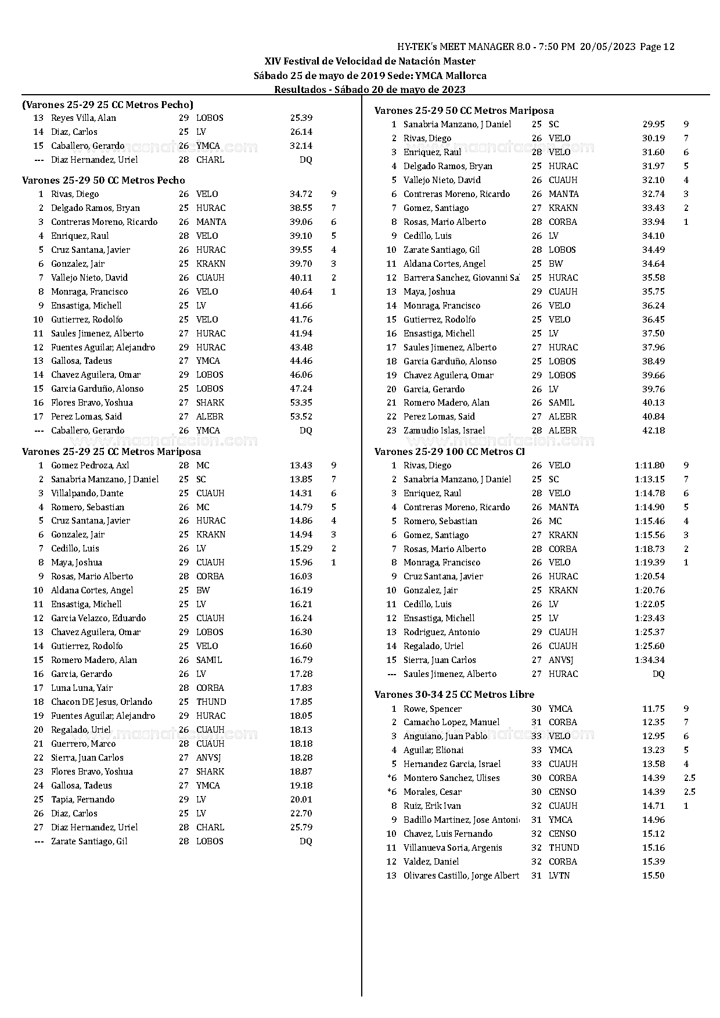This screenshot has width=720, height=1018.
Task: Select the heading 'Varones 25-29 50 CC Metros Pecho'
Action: [x=103, y=180]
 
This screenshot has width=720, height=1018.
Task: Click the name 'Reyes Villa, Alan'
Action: [x=84, y=118]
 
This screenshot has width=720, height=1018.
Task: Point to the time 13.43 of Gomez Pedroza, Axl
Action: [x=301, y=465]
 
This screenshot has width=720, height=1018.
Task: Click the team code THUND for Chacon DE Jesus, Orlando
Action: [x=211, y=702]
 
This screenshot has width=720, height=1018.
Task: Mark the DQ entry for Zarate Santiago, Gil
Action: [x=305, y=841]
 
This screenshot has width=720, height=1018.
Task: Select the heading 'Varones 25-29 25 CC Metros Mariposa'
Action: [x=111, y=451]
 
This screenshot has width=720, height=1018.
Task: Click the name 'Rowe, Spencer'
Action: [x=433, y=709]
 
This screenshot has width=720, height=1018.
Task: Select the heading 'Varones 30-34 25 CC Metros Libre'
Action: [x=454, y=694]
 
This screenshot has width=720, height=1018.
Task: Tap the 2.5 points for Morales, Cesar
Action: [x=689, y=792]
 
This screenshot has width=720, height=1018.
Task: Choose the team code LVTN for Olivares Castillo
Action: [x=559, y=876]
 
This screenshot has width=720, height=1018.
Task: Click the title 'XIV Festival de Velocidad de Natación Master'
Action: [x=370, y=61]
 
